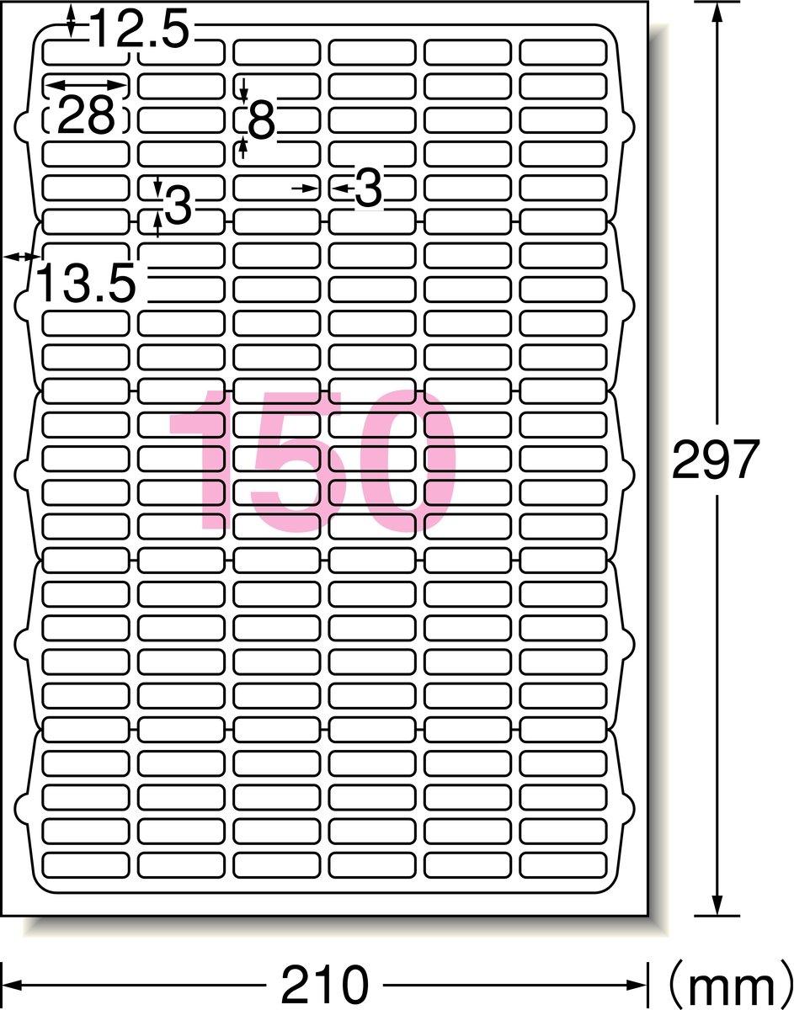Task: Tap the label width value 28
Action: point(86,114)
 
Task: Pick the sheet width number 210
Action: point(324,984)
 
